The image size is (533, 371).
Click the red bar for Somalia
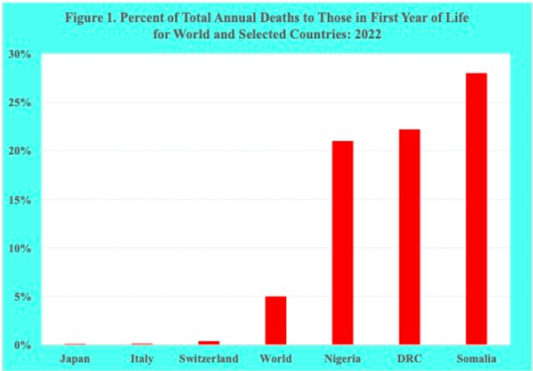click(x=476, y=209)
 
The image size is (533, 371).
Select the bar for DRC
click(x=409, y=237)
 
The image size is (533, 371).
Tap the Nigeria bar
click(x=342, y=243)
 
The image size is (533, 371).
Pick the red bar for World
click(x=276, y=320)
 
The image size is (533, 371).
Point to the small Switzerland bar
click(x=209, y=343)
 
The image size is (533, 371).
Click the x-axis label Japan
click(x=75, y=358)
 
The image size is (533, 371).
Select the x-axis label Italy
click(x=142, y=358)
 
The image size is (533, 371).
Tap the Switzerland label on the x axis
click(x=208, y=358)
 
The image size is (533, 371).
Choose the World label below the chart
click(x=276, y=358)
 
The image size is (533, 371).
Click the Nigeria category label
click(x=342, y=358)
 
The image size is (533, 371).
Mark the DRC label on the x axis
click(x=409, y=358)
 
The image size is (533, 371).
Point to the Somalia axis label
click(x=476, y=358)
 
